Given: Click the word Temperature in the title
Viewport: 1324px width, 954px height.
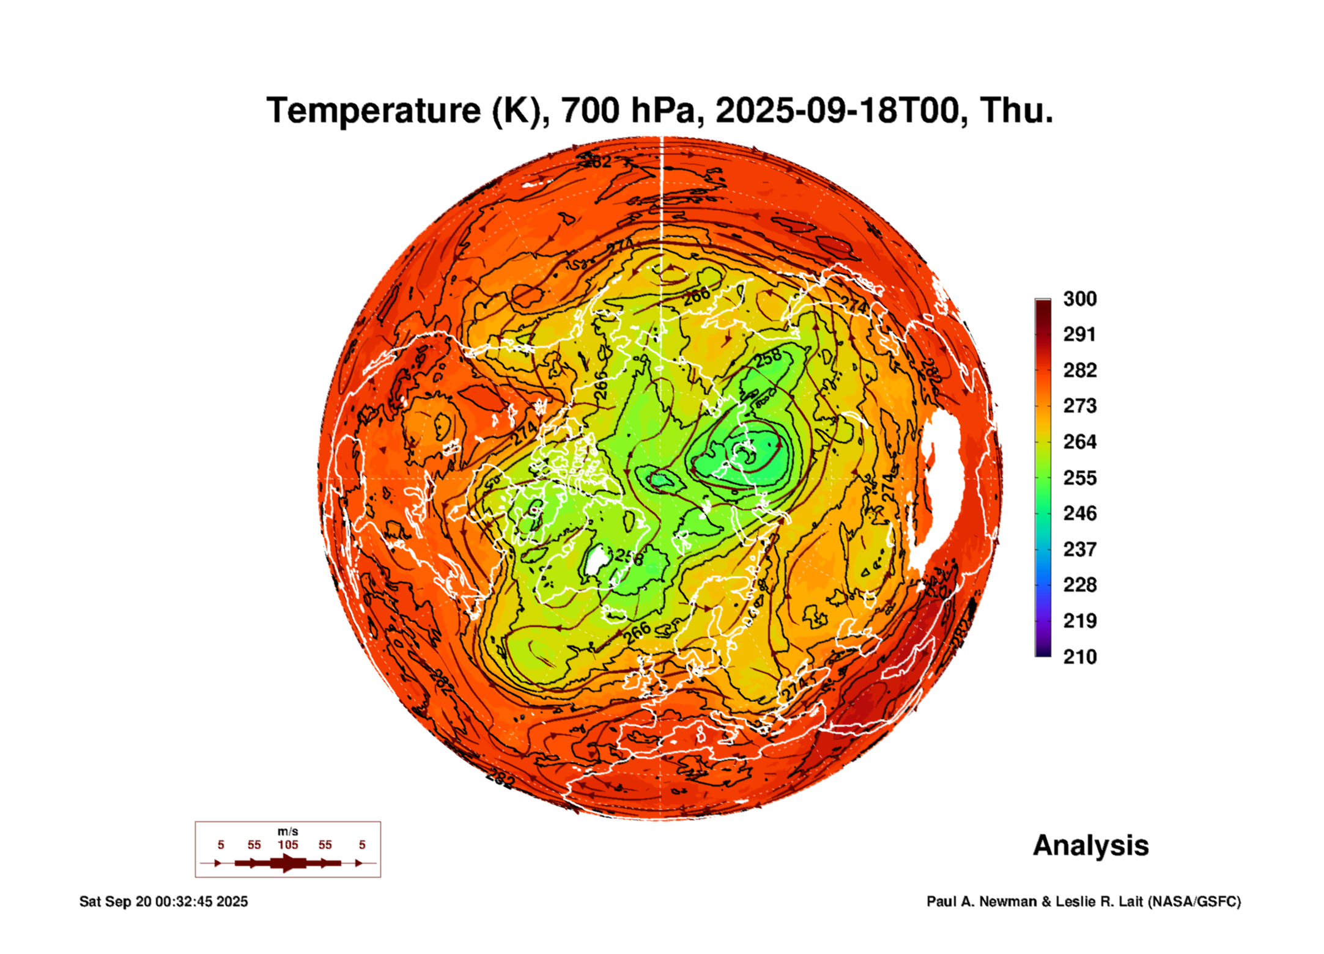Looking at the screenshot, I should point(374,111).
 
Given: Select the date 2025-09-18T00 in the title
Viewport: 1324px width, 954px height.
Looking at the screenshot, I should point(837,111).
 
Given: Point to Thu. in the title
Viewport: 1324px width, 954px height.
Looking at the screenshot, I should point(1016,111).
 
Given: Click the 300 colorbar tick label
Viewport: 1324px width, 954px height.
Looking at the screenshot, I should point(1079,299).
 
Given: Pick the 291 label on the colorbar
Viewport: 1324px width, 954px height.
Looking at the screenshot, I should point(1079,334).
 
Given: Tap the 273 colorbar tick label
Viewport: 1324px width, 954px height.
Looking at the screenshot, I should point(1079,406).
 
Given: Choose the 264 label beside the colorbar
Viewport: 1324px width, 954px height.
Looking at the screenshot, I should point(1079,442).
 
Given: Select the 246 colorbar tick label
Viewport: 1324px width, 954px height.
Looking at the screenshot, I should point(1079,513).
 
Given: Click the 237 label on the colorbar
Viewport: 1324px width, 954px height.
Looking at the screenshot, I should point(1079,549).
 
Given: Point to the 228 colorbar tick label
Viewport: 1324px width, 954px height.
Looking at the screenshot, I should point(1079,585).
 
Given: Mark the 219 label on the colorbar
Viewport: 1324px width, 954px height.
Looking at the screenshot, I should point(1079,621).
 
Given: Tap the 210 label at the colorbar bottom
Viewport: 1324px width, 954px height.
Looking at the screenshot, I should point(1079,657).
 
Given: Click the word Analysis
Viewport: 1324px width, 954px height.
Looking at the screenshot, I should point(1090,846).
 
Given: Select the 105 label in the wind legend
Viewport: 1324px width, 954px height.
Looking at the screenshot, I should point(288,845).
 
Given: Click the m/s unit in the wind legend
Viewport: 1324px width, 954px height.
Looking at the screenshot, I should point(288,832).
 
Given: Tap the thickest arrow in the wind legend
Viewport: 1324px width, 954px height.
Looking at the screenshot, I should point(288,863).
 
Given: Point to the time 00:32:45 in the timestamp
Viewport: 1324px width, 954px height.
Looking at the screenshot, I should point(183,902).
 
